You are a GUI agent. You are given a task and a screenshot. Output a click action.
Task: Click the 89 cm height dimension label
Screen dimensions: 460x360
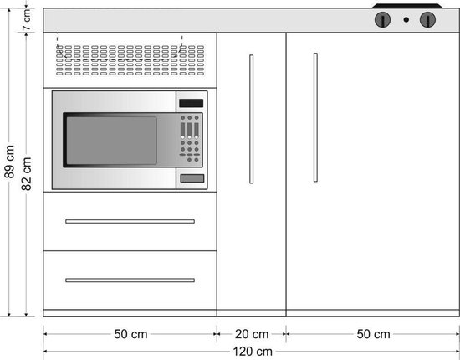[9, 162]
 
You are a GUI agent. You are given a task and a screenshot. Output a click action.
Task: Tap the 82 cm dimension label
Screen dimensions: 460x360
[27, 174]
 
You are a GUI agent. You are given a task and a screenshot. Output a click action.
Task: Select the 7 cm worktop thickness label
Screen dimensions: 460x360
[27, 19]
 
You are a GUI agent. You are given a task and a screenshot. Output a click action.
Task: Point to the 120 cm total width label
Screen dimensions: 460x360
[253, 352]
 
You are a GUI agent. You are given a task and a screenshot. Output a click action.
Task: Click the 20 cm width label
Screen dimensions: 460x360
[252, 334]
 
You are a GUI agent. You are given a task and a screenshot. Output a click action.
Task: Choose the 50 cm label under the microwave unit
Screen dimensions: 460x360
[130, 334]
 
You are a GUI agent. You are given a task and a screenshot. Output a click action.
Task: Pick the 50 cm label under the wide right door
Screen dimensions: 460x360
[373, 334]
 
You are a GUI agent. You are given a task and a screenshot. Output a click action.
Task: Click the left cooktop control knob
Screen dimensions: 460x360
[382, 19]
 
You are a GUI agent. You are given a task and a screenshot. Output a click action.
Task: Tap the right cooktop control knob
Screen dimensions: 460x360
[427, 19]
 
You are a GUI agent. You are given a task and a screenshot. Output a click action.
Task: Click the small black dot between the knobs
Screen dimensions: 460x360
[406, 19]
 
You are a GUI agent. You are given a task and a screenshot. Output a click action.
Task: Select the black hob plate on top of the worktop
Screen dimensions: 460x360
[407, 6]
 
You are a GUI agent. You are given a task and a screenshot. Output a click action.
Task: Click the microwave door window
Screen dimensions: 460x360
[111, 141]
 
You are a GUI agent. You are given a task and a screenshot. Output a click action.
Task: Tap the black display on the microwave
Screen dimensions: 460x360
[192, 103]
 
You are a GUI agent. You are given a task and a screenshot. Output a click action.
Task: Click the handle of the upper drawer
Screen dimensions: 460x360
[130, 221]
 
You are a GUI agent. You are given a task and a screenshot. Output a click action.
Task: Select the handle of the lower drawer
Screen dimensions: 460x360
[130, 280]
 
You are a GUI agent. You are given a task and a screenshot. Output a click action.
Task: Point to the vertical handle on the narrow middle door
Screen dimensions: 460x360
[252, 119]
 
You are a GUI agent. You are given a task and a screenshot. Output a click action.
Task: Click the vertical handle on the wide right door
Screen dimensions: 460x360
[315, 117]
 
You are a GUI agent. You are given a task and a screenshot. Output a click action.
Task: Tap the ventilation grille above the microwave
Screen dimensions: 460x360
[130, 60]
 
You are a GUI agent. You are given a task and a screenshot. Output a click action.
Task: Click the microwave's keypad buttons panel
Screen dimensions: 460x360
[190, 139]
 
